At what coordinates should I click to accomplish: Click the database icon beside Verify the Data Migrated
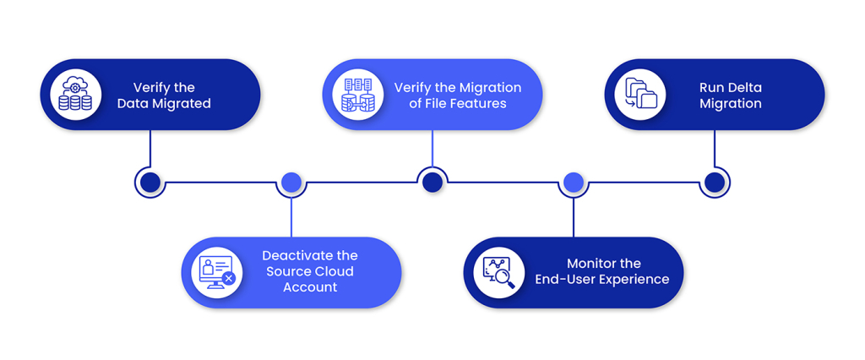[x=75, y=95]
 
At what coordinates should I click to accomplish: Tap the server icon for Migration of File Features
[x=358, y=95]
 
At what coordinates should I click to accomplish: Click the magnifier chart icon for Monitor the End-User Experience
[x=498, y=272]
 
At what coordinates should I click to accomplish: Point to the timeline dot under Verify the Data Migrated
[x=150, y=182]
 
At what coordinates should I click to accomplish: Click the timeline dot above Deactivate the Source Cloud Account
[x=291, y=182]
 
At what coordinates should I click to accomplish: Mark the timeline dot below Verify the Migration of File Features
[x=432, y=182]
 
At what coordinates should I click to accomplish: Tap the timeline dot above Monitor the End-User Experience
[x=574, y=182]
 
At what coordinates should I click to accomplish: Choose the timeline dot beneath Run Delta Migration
[x=715, y=182]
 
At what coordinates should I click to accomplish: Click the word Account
[x=310, y=287]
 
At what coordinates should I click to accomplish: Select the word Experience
[x=634, y=280]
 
